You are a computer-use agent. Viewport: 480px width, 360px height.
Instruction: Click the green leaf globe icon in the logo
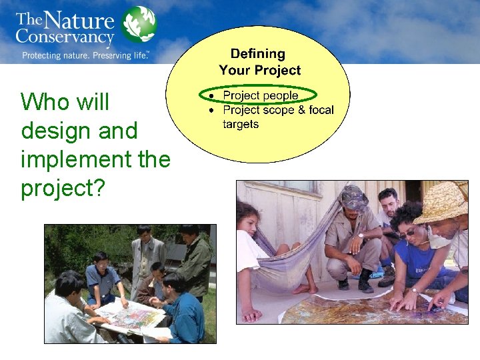(139, 25)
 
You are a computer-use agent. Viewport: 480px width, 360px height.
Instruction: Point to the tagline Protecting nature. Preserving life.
(85, 56)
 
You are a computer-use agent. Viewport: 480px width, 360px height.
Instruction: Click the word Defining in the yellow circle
(257, 54)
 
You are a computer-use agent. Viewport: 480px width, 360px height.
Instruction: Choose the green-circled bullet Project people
(260, 95)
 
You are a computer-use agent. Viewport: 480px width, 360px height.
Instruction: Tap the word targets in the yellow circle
(240, 125)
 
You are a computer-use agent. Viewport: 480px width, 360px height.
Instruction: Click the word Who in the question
(44, 103)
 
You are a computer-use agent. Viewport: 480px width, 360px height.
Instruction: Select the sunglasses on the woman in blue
(407, 233)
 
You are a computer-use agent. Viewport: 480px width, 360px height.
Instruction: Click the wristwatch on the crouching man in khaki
(360, 235)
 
